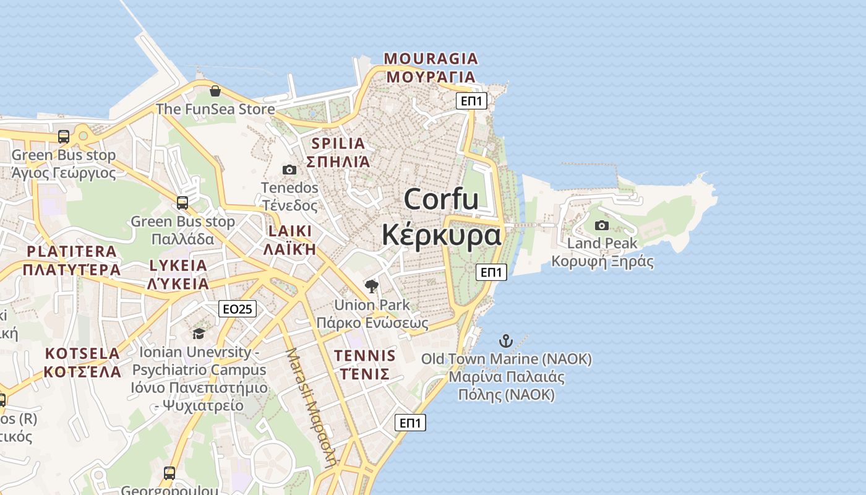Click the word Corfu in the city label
[441, 199]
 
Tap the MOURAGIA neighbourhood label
[431, 59]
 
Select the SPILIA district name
[338, 144]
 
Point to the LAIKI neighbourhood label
[290, 231]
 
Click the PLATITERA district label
[72, 251]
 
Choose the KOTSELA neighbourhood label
[82, 353]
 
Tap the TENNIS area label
[365, 356]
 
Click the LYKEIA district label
[178, 265]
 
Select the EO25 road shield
[238, 309]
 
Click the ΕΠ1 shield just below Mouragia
[471, 101]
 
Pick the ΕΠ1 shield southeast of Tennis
[411, 423]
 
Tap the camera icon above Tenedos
[289, 170]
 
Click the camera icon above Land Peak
[601, 225]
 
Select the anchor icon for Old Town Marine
[506, 341]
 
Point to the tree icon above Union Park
[372, 286]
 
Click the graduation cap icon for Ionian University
[199, 334]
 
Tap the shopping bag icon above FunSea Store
[215, 92]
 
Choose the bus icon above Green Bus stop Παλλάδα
[182, 203]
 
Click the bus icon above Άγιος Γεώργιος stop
[64, 137]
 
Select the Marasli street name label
[311, 405]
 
